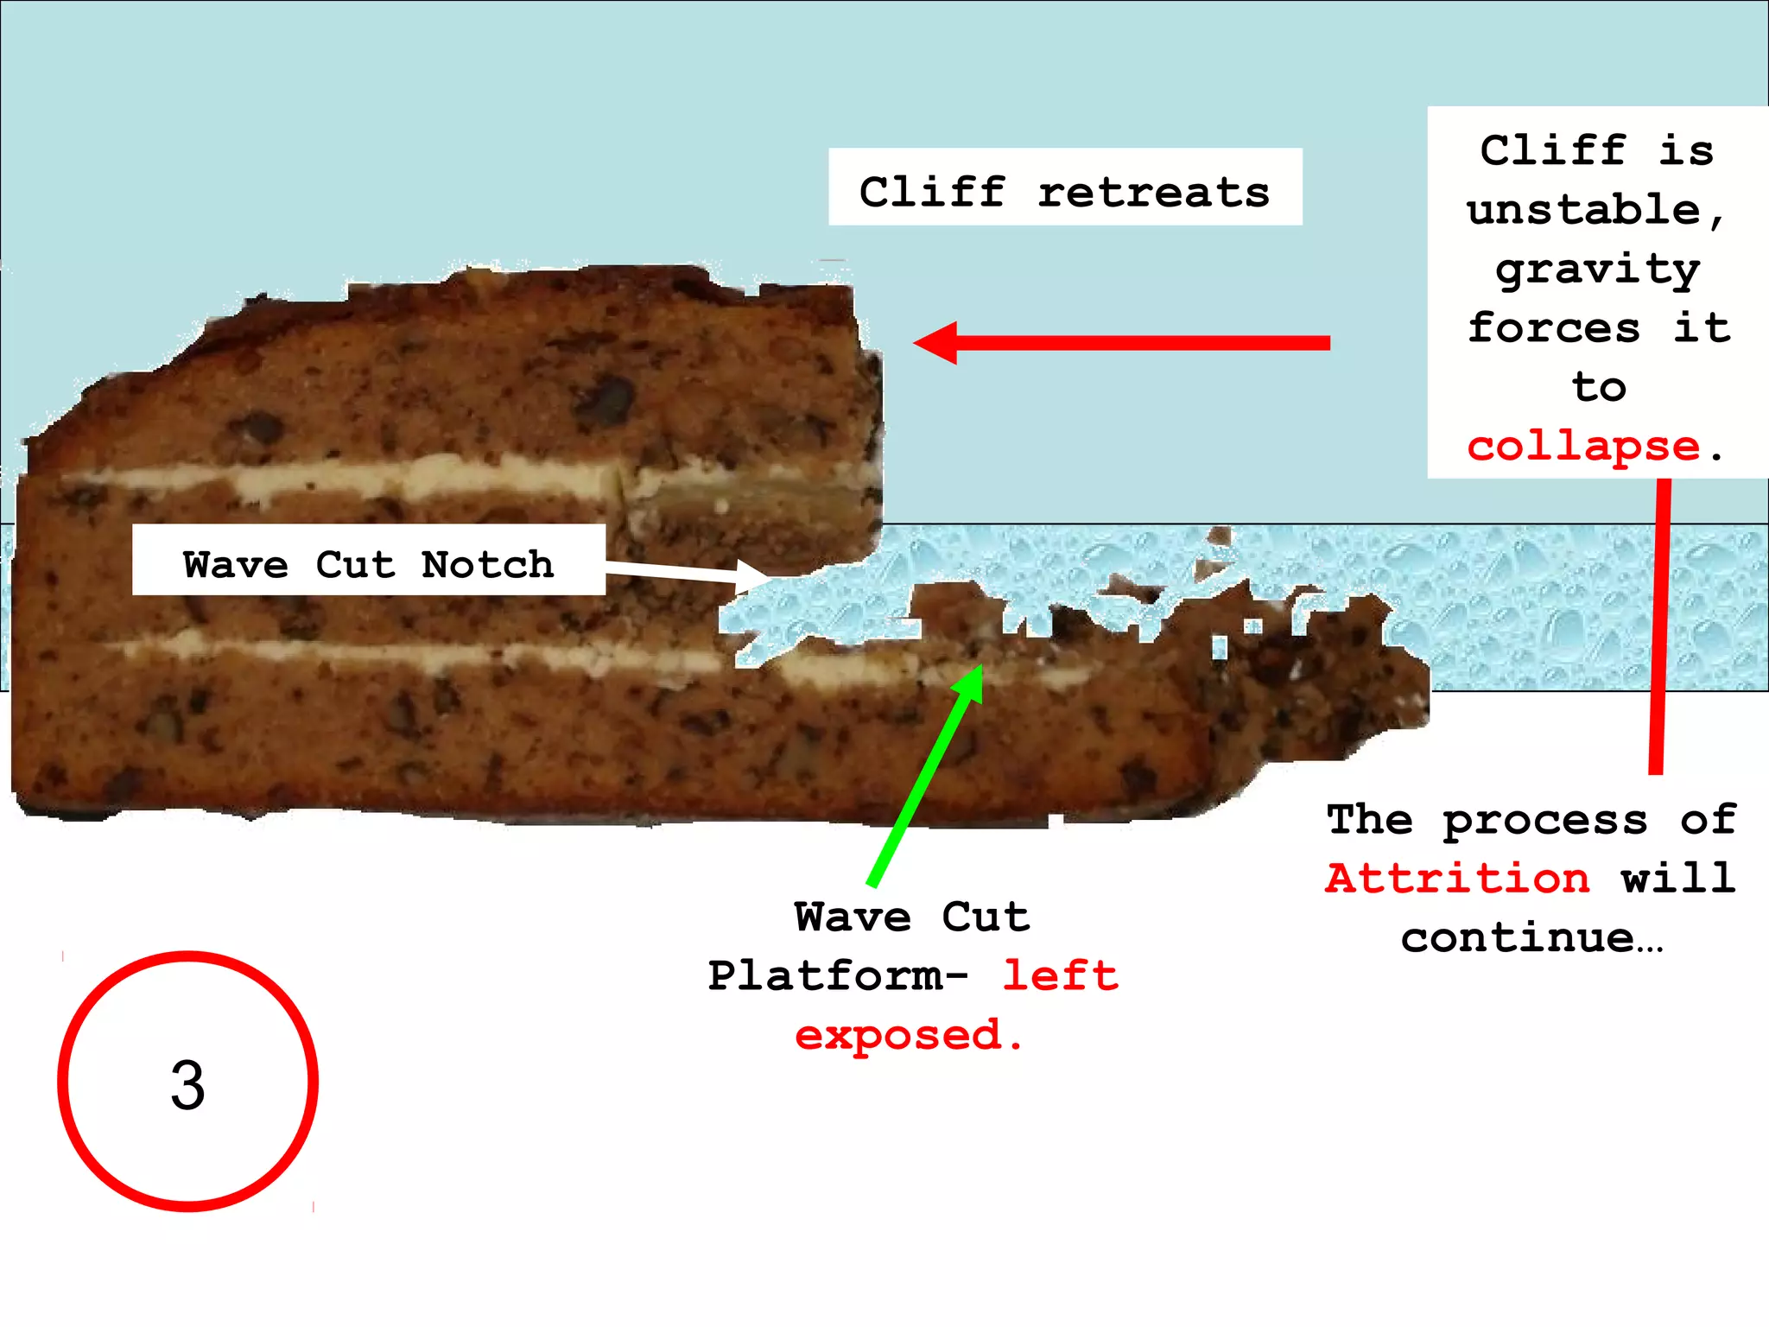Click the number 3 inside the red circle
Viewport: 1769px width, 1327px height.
coord(187,1084)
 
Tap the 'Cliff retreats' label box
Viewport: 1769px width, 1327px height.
coord(1064,187)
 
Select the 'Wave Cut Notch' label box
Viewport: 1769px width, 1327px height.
coord(368,560)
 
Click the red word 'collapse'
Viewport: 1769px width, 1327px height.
coord(1583,446)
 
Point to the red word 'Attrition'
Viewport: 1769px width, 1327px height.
coord(1457,878)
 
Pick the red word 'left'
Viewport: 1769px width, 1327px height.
coord(1060,975)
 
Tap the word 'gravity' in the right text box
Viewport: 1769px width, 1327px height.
coord(1598,270)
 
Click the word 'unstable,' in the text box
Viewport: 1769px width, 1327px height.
coord(1595,210)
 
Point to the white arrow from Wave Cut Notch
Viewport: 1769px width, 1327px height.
coord(682,572)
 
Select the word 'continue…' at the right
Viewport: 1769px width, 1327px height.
coord(1531,937)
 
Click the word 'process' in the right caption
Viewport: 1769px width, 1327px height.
coord(1545,819)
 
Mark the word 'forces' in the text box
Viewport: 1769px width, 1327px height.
coord(1554,327)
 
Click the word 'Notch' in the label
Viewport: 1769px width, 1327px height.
coord(487,564)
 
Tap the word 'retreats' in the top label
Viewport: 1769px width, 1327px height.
coord(1154,192)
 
